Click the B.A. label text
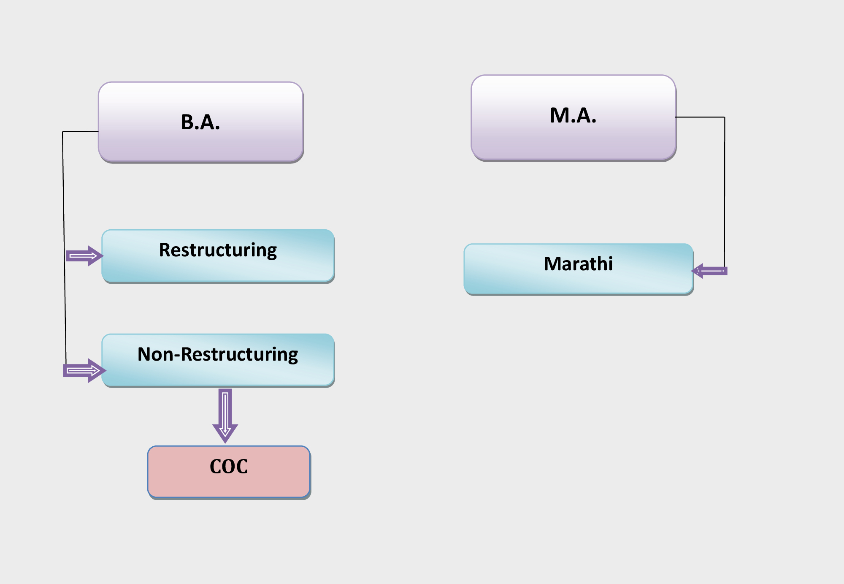(x=200, y=122)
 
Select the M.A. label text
(x=573, y=115)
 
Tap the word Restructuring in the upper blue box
(x=218, y=250)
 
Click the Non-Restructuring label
(x=218, y=355)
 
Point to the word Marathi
(x=578, y=264)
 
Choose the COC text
(x=229, y=467)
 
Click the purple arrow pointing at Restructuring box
(x=84, y=256)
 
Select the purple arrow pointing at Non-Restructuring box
(x=84, y=371)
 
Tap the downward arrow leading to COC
(x=225, y=416)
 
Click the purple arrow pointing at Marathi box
(x=709, y=271)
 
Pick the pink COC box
(x=229, y=472)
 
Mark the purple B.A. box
(x=201, y=122)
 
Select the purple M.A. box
(x=573, y=118)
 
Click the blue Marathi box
(x=579, y=269)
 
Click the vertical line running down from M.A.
(x=725, y=192)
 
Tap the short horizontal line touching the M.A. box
(x=700, y=117)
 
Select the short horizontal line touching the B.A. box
(x=81, y=131)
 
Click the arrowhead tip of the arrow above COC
(x=225, y=443)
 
